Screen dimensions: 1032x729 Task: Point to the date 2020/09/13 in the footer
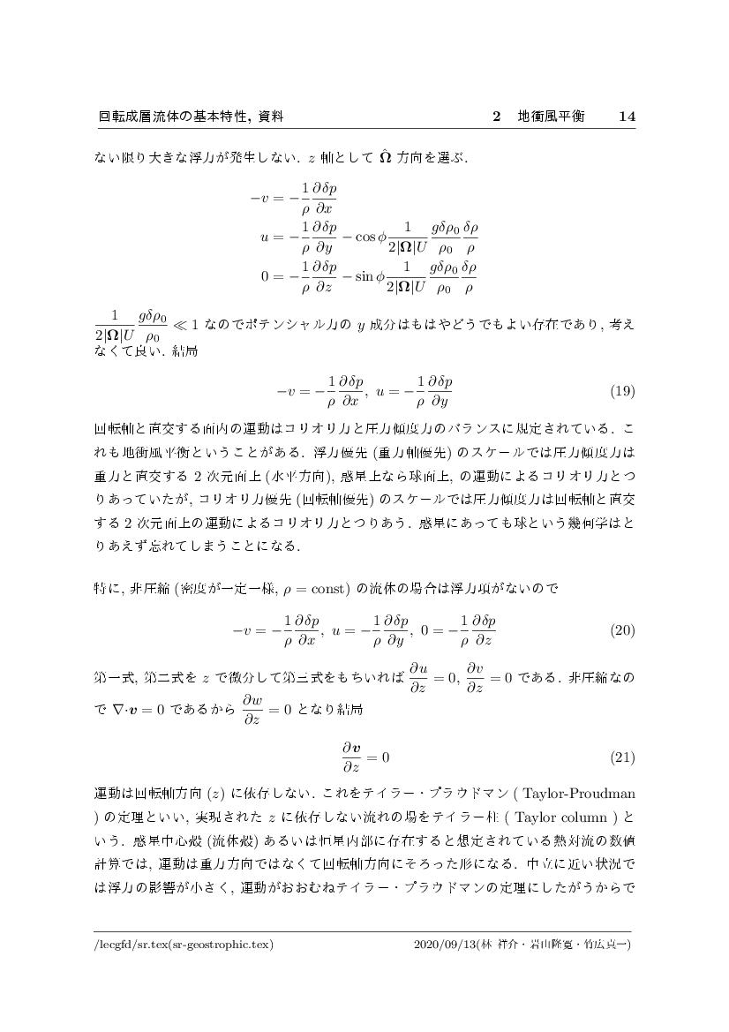443,945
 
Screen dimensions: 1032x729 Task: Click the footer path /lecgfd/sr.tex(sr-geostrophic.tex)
184,945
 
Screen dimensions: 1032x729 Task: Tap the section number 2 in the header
496,117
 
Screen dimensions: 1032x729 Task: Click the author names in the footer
555,945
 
